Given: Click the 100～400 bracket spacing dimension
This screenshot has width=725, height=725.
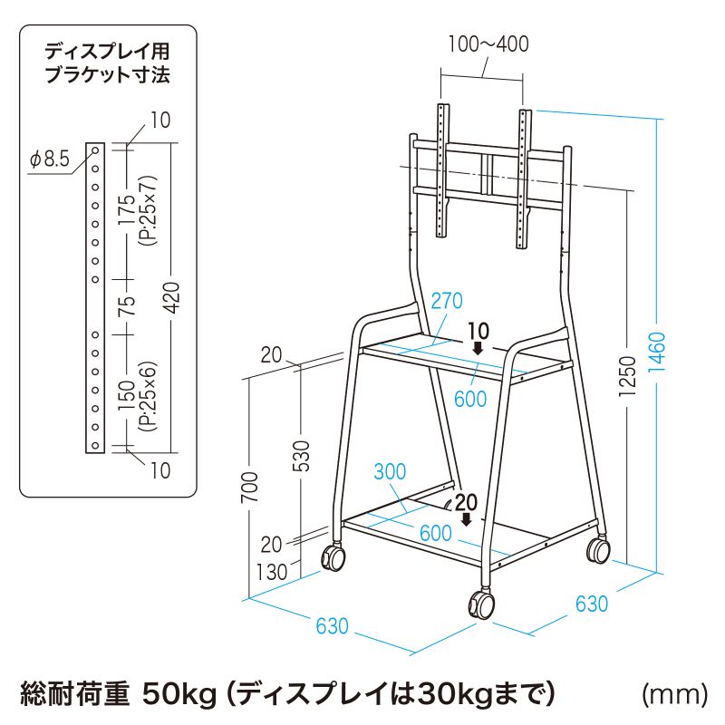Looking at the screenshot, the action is tap(488, 44).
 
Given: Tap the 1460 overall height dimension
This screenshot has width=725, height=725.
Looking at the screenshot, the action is tap(656, 353).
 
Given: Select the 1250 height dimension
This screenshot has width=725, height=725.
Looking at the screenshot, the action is tap(627, 376).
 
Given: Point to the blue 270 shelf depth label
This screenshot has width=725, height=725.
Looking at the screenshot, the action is tap(447, 301).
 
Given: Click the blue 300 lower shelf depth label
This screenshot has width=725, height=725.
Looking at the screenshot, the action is tap(390, 471).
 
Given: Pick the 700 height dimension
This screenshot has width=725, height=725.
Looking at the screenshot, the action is tap(249, 488).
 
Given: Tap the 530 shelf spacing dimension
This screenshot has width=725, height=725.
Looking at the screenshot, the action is tap(302, 456).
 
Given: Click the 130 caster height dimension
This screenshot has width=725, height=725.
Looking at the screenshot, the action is tap(272, 572).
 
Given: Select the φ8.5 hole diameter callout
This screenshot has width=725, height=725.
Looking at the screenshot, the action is tap(50, 159).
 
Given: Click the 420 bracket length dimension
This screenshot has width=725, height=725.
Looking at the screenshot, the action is tap(172, 298).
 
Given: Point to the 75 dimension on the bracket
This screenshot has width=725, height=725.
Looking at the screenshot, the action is tap(126, 305).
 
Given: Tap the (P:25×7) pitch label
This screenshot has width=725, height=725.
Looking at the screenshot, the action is tap(150, 210).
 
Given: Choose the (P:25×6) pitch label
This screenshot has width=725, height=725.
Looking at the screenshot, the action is tap(148, 396).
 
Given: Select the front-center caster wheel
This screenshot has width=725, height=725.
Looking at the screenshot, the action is tap(482, 604).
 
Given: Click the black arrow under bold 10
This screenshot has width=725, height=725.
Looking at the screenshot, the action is tap(478, 348).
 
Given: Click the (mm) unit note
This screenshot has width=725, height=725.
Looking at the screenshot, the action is tap(674, 694).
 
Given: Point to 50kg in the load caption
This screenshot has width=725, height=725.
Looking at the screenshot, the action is tap(179, 693).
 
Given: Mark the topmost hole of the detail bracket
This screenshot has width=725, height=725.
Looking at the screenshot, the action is tap(95, 150).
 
